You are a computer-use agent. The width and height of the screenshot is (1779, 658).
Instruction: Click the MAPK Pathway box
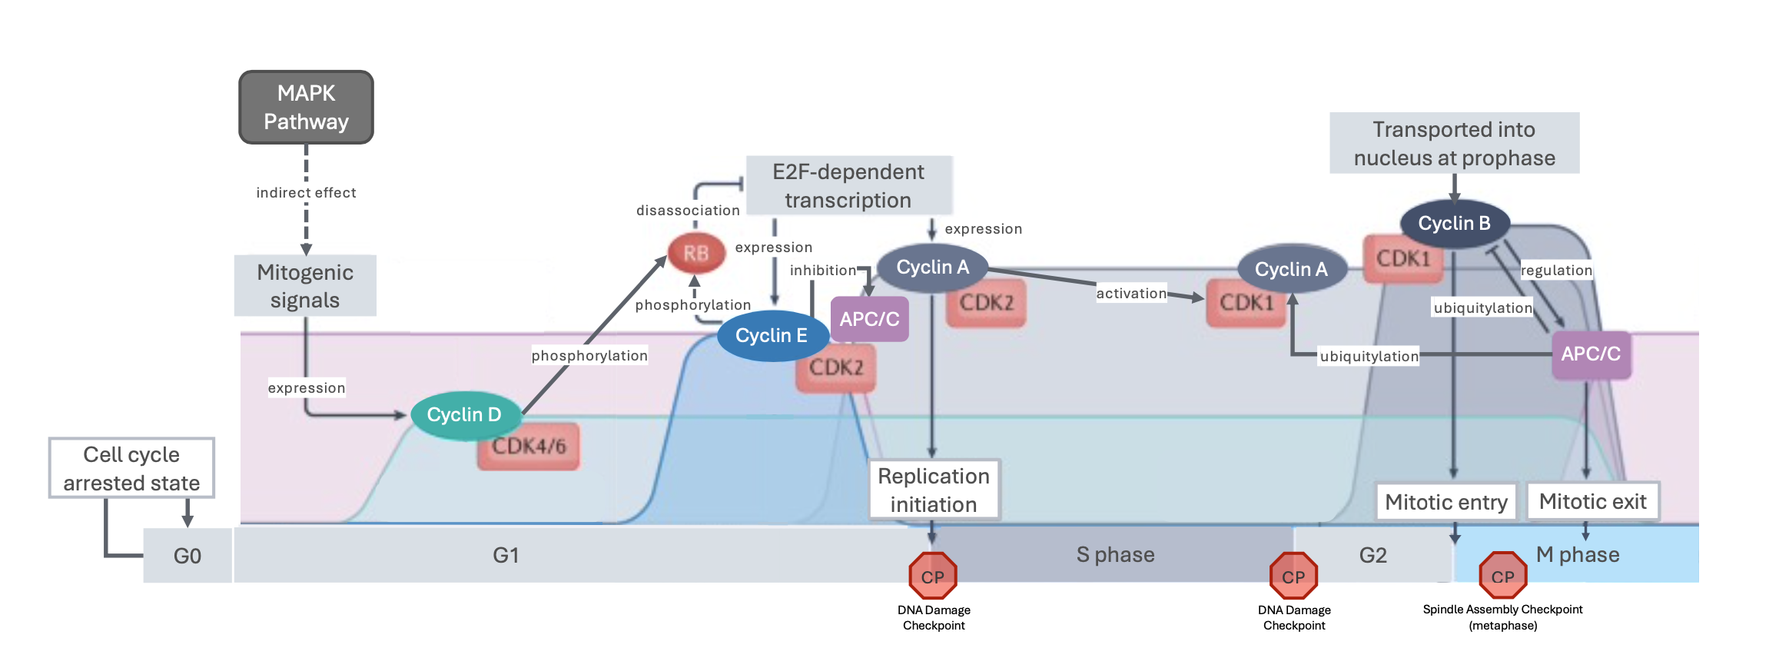pos(306,108)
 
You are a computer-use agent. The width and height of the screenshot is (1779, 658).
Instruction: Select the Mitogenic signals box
pos(305,286)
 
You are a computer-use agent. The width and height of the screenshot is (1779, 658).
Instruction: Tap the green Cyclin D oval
pos(463,415)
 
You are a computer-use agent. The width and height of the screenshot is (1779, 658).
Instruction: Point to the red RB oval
pos(695,254)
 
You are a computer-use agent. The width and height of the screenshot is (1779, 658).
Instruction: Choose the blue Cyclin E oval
pos(771,336)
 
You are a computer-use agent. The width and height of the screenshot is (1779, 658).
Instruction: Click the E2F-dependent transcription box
pos(848,186)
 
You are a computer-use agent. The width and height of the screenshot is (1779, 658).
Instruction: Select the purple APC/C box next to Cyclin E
pos(869,319)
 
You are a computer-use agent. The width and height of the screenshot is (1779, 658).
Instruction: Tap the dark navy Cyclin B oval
pos(1454,224)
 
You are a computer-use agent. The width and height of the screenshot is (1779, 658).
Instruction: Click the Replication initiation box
pos(934,490)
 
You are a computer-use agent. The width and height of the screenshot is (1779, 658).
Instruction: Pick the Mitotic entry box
pos(1445,502)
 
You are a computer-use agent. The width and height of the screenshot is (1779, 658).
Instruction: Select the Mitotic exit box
pos(1592,502)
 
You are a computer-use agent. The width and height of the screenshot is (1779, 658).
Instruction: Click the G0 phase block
pos(188,556)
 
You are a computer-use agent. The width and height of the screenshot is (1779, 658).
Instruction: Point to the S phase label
pos(1115,555)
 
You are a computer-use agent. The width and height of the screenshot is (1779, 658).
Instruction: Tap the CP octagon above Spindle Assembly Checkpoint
pos(1502,576)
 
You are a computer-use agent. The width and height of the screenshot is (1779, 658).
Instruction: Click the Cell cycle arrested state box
pos(131,469)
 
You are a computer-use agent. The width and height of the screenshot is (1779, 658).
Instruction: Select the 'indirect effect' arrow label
pos(306,193)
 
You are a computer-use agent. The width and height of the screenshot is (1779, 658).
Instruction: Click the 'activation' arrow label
pos(1131,294)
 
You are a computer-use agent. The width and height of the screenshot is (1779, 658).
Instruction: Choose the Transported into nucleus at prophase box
pos(1454,144)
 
